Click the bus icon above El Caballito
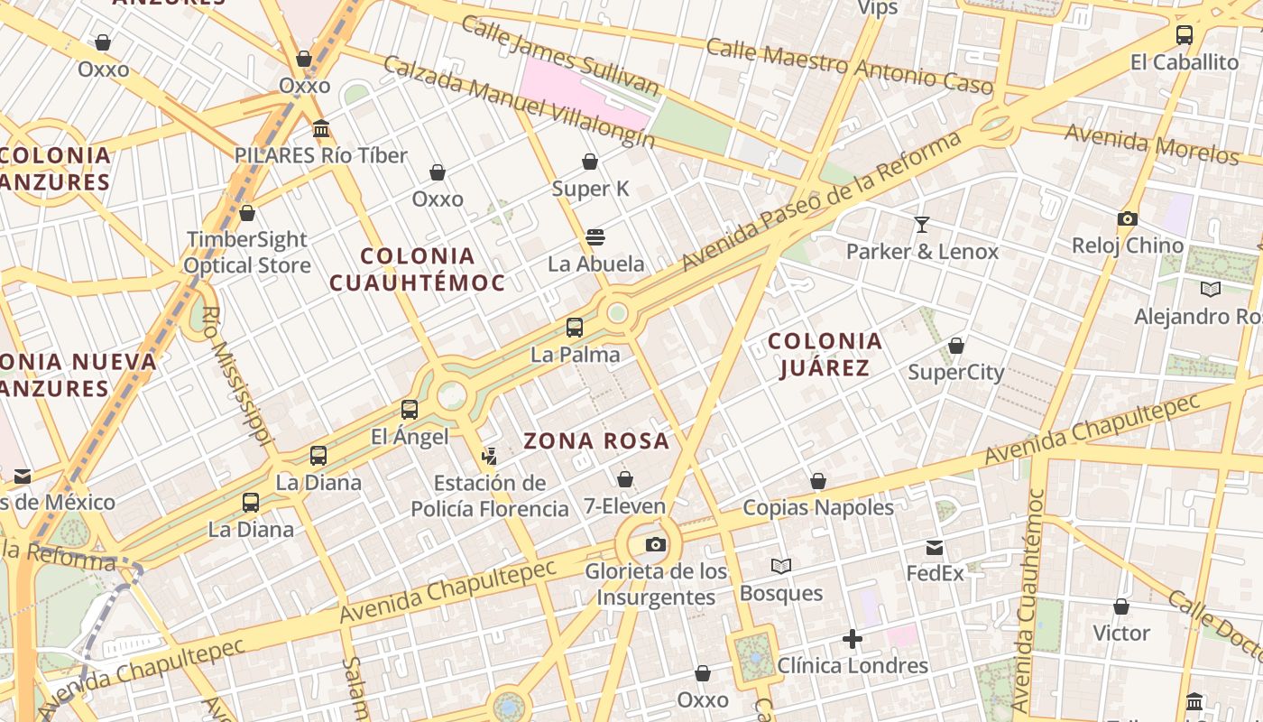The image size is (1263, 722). [1184, 35]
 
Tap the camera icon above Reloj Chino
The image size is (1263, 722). [1127, 218]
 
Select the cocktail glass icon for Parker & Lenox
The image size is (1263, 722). [922, 224]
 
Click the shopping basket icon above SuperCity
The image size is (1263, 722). [956, 346]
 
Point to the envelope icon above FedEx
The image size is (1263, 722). [935, 547]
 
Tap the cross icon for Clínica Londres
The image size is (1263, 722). [852, 639]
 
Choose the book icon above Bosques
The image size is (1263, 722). [781, 566]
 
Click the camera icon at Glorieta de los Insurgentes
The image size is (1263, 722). [656, 544]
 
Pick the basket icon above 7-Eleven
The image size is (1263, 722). [624, 479]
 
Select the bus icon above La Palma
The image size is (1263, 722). [575, 328]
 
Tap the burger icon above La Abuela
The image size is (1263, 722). [595, 237]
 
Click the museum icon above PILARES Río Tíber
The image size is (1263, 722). [321, 129]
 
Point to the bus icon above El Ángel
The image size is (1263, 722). [410, 410]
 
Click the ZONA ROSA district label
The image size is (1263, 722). [596, 441]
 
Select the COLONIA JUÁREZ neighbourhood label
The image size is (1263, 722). [825, 354]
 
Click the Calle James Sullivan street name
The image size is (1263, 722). [559, 56]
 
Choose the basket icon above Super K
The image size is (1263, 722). [590, 162]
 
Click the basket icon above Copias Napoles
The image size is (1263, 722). [818, 481]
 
